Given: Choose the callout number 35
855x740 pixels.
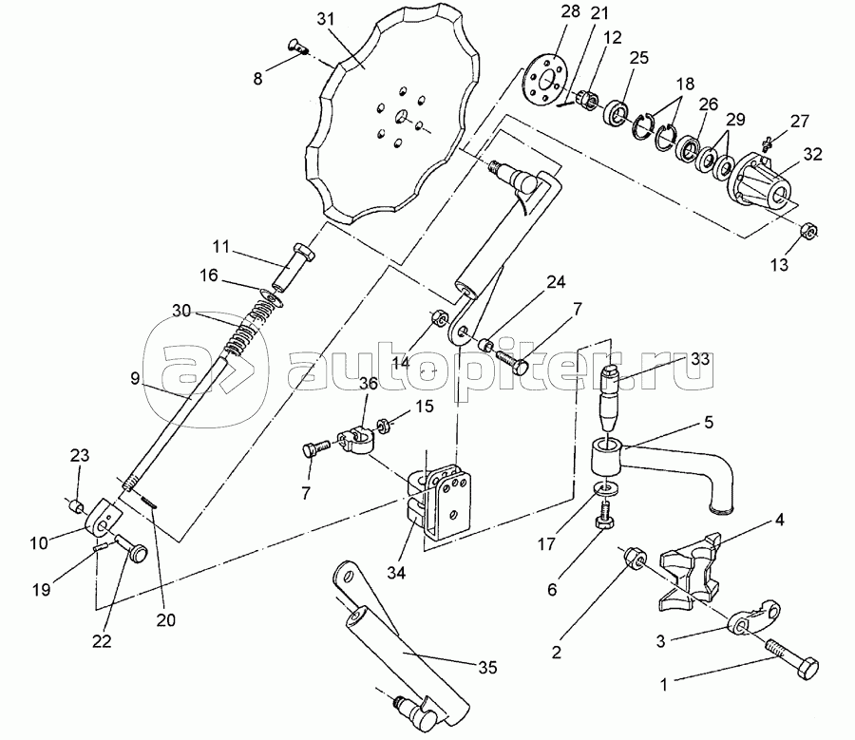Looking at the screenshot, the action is click(488, 667).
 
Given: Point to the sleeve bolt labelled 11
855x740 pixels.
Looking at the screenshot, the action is click(293, 268).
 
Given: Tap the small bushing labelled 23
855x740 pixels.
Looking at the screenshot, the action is click(77, 506).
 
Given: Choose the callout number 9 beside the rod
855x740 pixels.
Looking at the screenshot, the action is click(135, 378).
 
